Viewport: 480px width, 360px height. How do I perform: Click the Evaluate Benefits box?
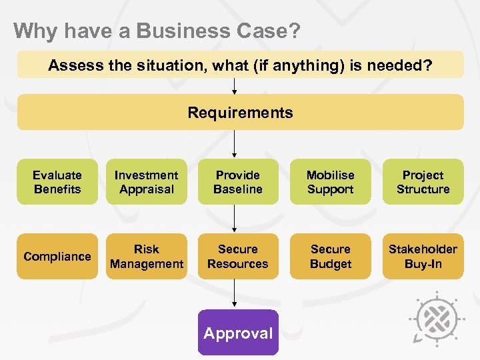coord(57,182)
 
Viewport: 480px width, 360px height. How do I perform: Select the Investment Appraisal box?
coord(146,182)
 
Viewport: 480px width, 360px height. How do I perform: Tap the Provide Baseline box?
coord(238,182)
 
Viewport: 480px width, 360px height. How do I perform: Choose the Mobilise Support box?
coord(330,182)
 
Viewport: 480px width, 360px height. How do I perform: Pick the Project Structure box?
coord(423,182)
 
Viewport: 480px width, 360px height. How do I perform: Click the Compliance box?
coord(57,256)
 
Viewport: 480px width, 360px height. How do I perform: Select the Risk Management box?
coord(146,256)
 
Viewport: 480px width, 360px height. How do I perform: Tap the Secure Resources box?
coord(238,256)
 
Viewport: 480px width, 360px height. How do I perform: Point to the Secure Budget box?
coord(330,256)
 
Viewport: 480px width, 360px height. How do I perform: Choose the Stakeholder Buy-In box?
coord(423,256)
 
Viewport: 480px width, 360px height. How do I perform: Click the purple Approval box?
coord(238,333)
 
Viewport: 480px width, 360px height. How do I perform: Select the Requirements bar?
coord(240,112)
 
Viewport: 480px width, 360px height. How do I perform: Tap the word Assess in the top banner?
coord(71,65)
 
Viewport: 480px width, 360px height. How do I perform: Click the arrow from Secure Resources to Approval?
coord(235,294)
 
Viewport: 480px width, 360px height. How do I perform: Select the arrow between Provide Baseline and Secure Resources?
coord(235,219)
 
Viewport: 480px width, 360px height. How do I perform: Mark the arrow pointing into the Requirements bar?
coord(235,86)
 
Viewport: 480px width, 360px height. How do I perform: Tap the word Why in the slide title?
coord(30,31)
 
